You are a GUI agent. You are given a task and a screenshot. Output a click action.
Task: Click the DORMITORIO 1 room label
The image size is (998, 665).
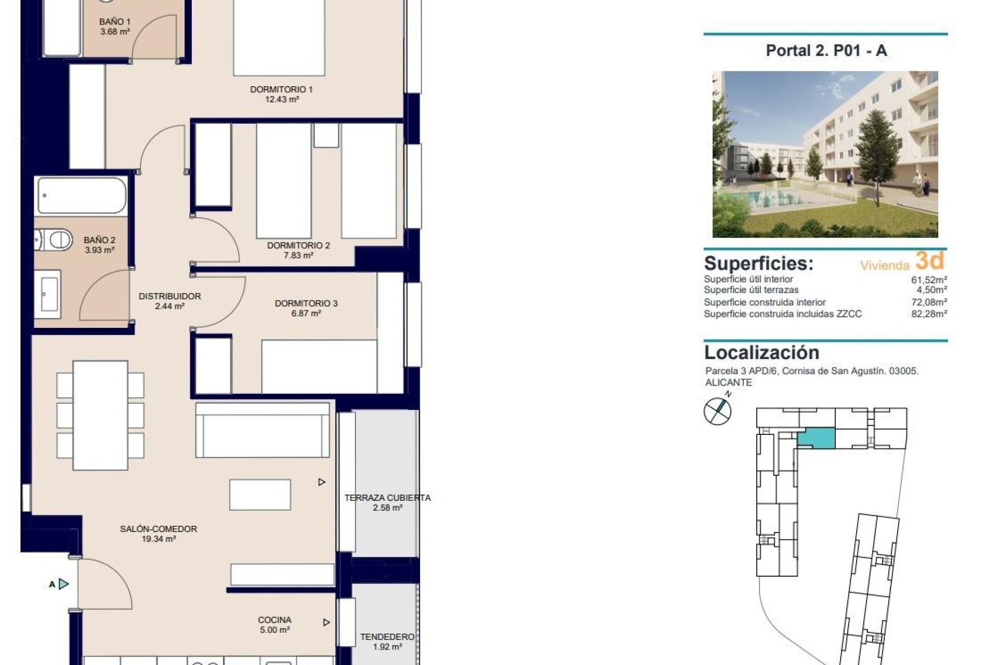point(281,89)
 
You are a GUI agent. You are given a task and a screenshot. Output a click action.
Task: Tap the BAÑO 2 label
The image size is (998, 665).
point(99,240)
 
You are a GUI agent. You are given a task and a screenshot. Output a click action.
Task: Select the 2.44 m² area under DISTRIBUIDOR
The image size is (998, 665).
point(169,307)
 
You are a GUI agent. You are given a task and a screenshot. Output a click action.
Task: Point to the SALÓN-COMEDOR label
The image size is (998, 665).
point(158,529)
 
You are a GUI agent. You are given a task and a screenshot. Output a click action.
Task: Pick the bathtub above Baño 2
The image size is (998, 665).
point(82,196)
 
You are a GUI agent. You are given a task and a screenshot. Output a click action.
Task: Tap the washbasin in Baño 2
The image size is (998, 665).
point(49,294)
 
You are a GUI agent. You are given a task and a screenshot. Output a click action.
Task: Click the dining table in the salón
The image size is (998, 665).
point(100,415)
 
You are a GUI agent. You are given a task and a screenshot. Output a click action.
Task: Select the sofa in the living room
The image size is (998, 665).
point(262,430)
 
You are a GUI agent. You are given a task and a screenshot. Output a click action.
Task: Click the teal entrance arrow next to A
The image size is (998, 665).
point(63,584)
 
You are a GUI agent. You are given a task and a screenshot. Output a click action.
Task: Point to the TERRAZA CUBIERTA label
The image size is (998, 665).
point(387,498)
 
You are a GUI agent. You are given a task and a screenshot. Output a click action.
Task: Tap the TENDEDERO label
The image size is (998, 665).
point(387,636)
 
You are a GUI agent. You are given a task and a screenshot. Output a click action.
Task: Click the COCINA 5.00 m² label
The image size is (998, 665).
point(274,624)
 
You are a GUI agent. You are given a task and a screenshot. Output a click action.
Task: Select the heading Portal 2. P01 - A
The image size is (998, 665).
point(826,50)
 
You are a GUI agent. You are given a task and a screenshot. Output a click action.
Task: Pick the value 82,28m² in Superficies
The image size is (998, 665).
point(929,314)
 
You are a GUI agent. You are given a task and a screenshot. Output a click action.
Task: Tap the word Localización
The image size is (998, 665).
point(761,352)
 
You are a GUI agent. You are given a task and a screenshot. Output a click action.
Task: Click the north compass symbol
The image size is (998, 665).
point(717,411)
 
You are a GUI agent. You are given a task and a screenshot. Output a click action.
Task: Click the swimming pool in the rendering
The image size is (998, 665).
point(769,198)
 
